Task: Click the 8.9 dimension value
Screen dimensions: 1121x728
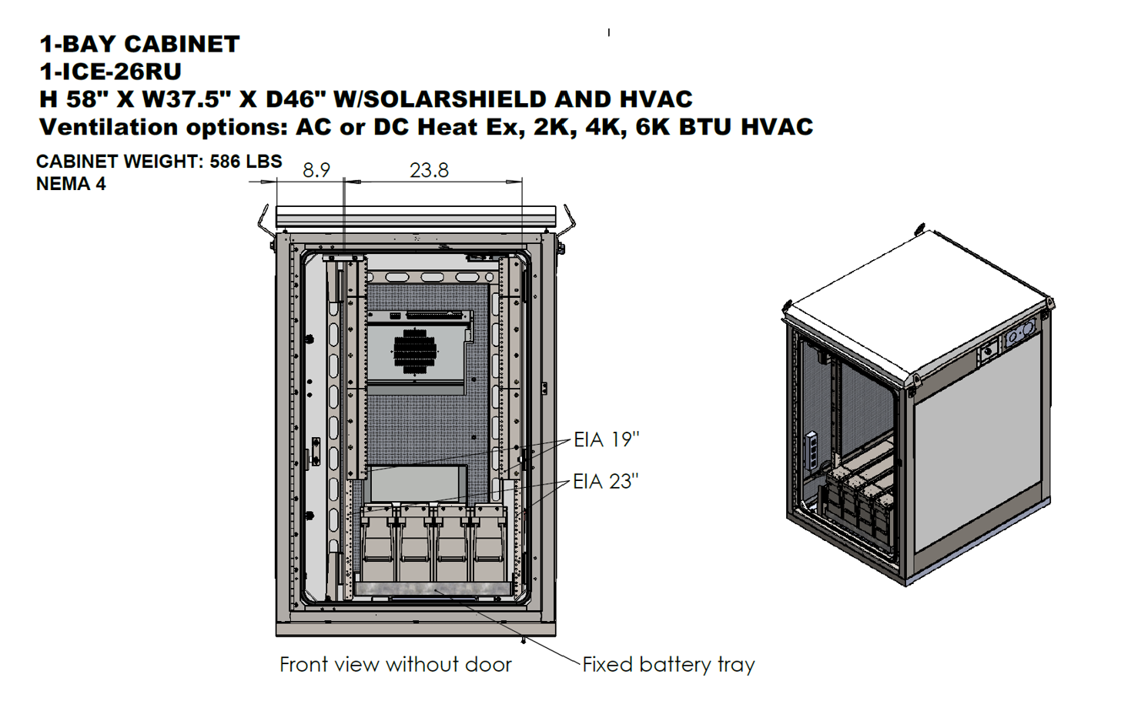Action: pos(316,170)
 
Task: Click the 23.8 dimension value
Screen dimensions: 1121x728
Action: pos(429,170)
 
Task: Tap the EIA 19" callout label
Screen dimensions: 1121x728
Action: pos(606,439)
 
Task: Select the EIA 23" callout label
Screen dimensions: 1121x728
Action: pos(606,482)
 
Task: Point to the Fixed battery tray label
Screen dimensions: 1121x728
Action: pos(668,665)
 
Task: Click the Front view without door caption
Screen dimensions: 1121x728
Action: pos(396,665)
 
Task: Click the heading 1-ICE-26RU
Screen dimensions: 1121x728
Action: pos(111,72)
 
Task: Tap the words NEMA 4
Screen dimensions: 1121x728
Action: pos(71,184)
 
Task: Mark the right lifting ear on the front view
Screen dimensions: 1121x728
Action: pos(568,221)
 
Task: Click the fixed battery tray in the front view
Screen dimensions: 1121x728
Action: pos(433,589)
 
